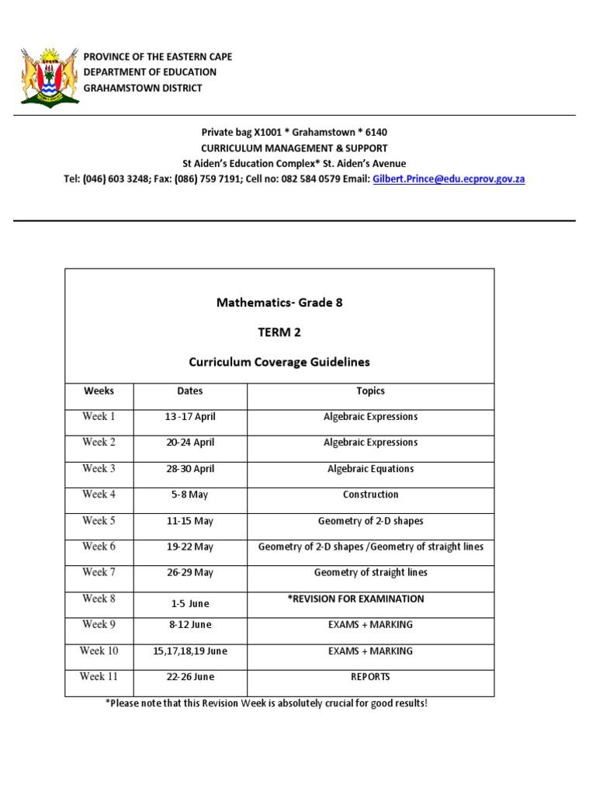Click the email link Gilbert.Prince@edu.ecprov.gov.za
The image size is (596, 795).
pyautogui.click(x=449, y=179)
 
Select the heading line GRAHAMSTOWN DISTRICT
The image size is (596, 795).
pyautogui.click(x=143, y=88)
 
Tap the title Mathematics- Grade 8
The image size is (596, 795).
pyautogui.click(x=279, y=303)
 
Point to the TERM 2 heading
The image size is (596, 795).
pyautogui.click(x=279, y=332)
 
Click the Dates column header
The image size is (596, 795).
pyautogui.click(x=189, y=391)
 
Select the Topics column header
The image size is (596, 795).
pyautogui.click(x=370, y=391)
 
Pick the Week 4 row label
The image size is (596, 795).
pyautogui.click(x=99, y=495)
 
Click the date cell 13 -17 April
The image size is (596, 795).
pyautogui.click(x=189, y=417)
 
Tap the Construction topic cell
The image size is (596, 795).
pyautogui.click(x=370, y=495)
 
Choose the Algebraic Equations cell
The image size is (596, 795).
pyautogui.click(x=370, y=469)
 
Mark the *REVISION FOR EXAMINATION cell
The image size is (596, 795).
pyautogui.click(x=370, y=599)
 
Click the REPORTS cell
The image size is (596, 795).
pyautogui.click(x=370, y=677)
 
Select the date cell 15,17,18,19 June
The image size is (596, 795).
pyautogui.click(x=189, y=651)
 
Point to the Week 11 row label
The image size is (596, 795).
pyautogui.click(x=99, y=677)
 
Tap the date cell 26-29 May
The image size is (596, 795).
pyautogui.click(x=189, y=573)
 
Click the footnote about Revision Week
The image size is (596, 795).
pyautogui.click(x=266, y=703)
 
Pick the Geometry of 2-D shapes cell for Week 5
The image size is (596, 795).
pyautogui.click(x=370, y=521)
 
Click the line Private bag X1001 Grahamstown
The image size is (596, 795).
pyautogui.click(x=294, y=132)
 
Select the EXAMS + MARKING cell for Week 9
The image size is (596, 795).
pyautogui.click(x=370, y=625)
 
